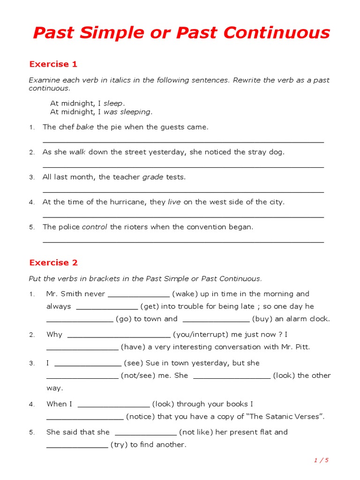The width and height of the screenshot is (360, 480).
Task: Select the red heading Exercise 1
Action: tap(53, 64)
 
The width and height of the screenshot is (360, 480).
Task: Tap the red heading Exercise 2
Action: tap(53, 262)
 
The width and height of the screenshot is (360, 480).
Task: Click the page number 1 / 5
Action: tap(321, 460)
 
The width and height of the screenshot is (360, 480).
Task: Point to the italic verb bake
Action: tap(85, 127)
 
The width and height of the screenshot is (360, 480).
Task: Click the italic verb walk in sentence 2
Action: tap(77, 152)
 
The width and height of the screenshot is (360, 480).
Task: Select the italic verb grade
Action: tap(152, 177)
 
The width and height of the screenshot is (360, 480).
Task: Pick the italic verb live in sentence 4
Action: tap(174, 202)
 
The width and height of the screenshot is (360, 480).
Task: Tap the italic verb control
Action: tap(95, 227)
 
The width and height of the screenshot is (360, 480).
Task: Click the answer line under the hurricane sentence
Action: tap(183, 217)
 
